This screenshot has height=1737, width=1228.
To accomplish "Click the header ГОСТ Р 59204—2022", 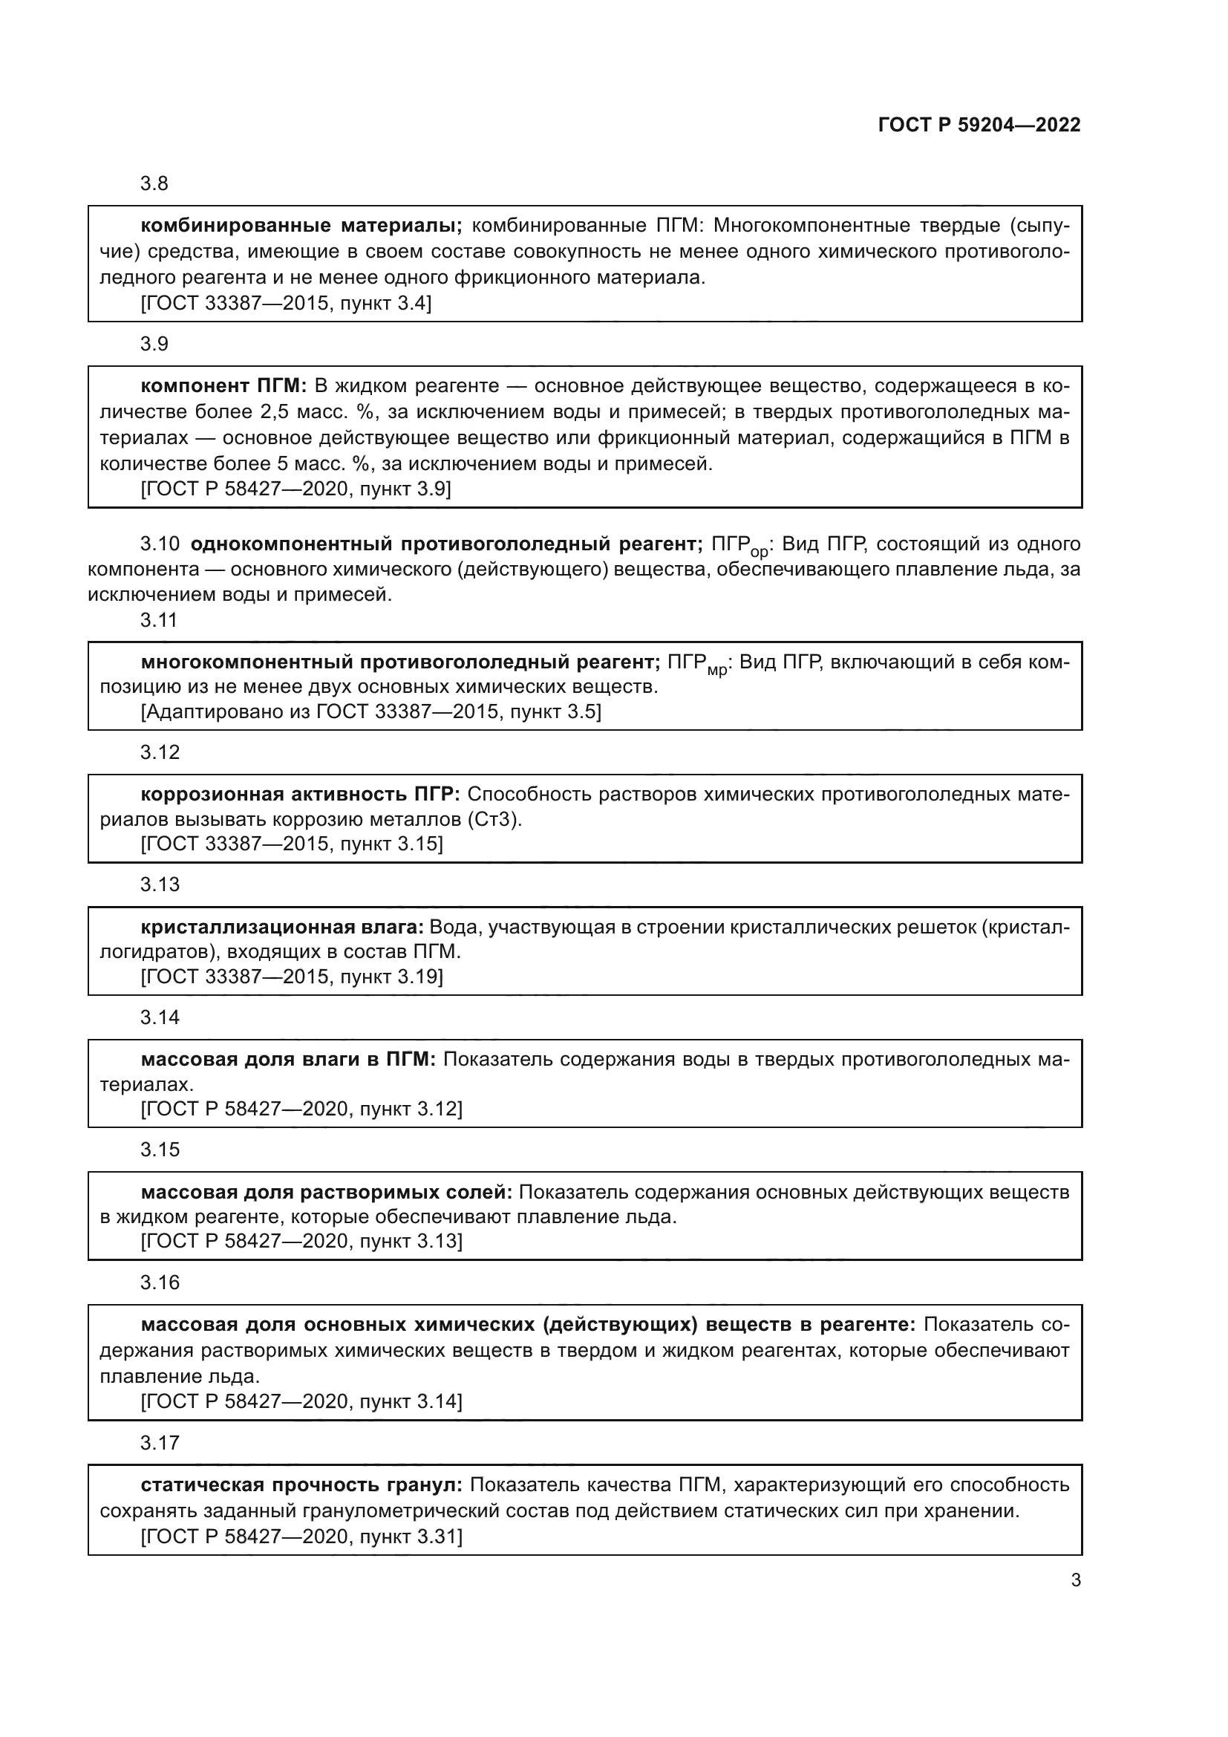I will coord(979,125).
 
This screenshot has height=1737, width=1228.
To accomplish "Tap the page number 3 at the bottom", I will coord(1075,1580).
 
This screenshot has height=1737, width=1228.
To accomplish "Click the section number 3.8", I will coord(154,184).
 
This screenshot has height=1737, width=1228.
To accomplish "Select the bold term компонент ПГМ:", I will coord(223,386).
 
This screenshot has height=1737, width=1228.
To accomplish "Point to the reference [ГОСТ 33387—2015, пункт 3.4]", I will coord(286,304).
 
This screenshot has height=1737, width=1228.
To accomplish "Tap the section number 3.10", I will coord(160,543).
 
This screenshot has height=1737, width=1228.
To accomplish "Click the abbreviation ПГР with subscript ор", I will coord(739,546).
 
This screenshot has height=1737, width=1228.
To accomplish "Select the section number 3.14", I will coord(160,1017).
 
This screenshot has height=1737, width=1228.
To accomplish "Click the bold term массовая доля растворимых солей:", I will coord(326,1193).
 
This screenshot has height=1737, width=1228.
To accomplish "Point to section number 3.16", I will coord(160,1283).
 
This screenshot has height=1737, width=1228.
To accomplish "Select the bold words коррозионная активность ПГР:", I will coord(300,795).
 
